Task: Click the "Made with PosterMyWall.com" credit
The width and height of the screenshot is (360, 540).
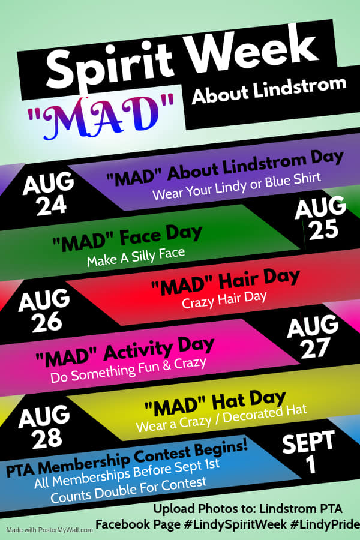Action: point(49,530)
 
